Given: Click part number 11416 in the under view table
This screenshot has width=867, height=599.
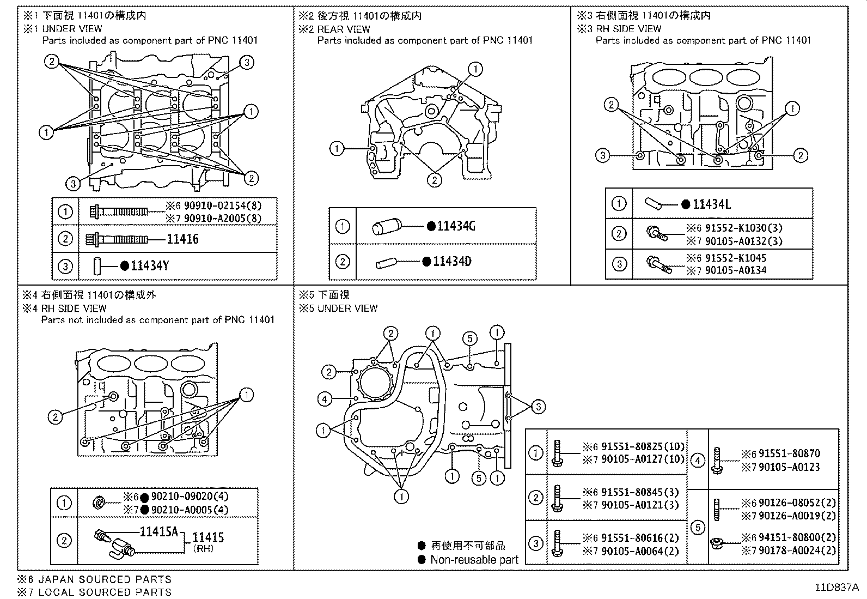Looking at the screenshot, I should [x=182, y=239].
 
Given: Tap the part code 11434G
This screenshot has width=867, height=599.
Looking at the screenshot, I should [x=456, y=226].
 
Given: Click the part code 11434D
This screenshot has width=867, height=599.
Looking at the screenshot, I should [x=452, y=262].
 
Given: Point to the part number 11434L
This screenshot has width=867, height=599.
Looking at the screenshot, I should [x=711, y=204].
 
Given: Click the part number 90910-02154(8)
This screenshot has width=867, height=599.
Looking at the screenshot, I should [x=222, y=206].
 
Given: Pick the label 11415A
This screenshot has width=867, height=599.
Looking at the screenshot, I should [x=158, y=531].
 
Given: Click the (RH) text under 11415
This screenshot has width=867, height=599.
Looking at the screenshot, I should [x=204, y=549].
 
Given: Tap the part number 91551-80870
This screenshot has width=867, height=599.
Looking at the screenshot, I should [x=789, y=453].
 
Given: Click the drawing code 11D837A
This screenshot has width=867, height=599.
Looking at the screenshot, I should [x=837, y=588].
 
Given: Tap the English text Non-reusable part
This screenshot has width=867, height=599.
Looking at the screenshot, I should [x=474, y=560].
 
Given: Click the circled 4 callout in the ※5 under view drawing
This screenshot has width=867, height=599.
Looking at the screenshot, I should [x=324, y=399].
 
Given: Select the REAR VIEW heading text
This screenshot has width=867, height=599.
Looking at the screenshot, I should [x=344, y=29].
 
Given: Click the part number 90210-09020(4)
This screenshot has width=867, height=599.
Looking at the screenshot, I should [x=190, y=497].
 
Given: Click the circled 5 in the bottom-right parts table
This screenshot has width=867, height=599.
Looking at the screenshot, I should [x=697, y=527].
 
